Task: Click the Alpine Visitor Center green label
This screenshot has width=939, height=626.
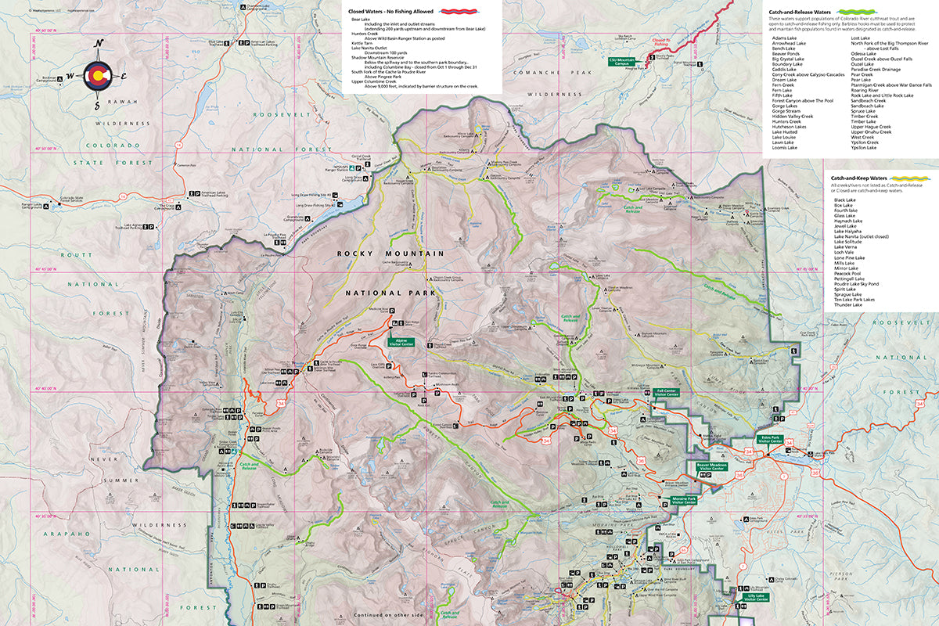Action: tap(400, 342)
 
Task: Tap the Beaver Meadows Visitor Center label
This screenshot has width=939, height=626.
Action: tap(712, 467)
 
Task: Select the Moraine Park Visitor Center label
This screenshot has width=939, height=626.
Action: tap(678, 500)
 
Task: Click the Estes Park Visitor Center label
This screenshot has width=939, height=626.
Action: tap(771, 440)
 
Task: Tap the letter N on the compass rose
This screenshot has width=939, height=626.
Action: tap(98, 45)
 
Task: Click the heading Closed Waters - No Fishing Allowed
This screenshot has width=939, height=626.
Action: tap(391, 13)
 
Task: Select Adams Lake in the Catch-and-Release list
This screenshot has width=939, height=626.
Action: tap(783, 38)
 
